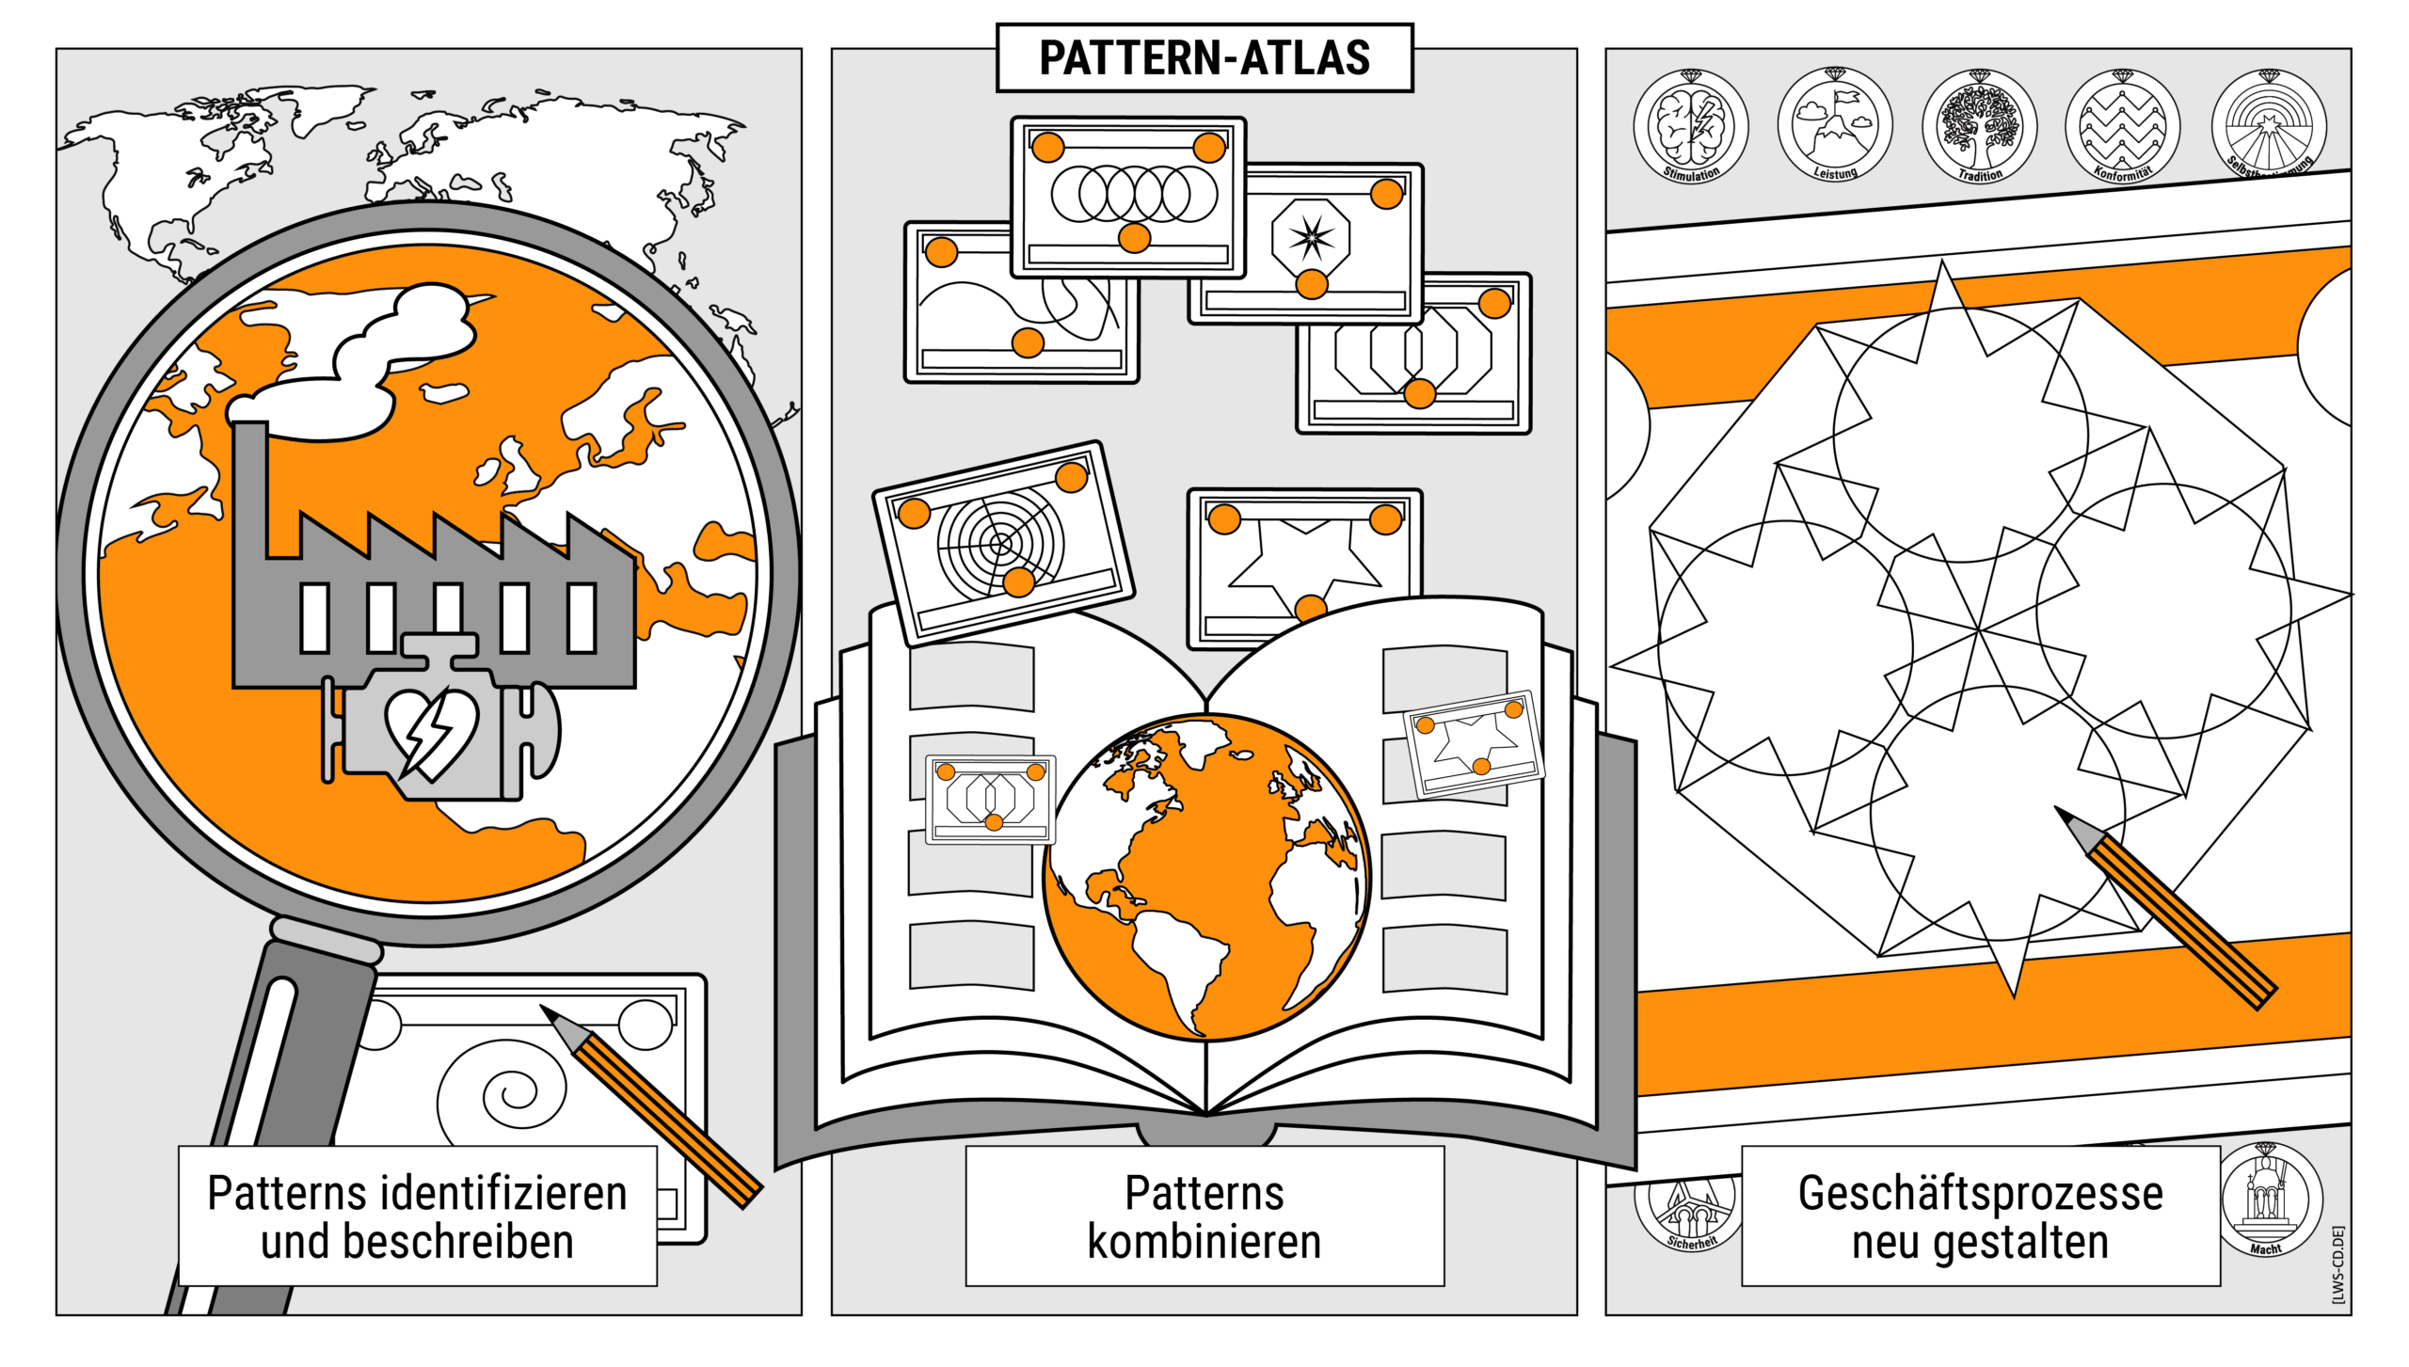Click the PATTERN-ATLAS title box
point(1204,57)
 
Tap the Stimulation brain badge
point(1690,126)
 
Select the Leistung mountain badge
point(1835,124)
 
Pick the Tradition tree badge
point(1979,126)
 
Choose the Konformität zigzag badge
point(2122,126)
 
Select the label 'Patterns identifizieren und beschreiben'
point(417,1216)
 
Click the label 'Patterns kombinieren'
point(1204,1216)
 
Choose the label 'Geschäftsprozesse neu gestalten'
point(1980,1216)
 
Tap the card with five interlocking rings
point(1128,197)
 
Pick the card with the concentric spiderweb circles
point(1003,543)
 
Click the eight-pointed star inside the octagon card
point(1311,237)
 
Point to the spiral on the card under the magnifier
point(503,1091)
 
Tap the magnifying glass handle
point(282,1082)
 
